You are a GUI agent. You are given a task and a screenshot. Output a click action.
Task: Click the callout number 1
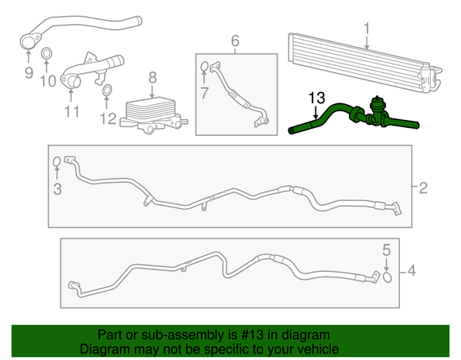366,29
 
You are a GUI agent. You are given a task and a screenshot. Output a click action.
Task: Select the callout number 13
316,98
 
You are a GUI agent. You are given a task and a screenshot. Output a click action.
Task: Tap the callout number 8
153,77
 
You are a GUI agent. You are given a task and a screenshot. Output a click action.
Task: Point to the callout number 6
235,40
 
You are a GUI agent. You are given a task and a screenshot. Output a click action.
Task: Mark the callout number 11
72,112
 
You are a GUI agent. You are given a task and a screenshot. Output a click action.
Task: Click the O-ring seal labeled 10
46,54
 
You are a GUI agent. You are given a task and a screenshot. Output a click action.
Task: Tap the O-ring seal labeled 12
106,99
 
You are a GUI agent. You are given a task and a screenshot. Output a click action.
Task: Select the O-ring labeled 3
56,163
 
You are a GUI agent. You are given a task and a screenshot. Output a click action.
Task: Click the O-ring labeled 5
387,277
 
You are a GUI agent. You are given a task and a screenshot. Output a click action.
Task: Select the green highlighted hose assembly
350,115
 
